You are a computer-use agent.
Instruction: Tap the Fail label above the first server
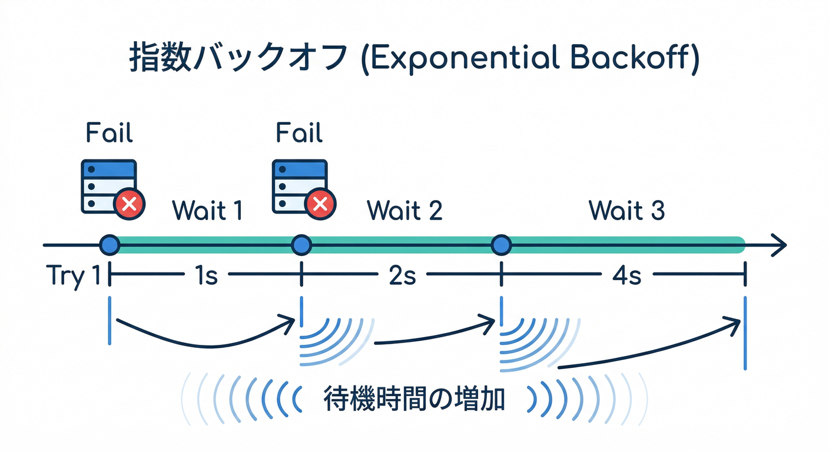(x=110, y=133)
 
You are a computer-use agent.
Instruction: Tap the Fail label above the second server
(x=299, y=133)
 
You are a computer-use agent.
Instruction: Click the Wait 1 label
(x=207, y=210)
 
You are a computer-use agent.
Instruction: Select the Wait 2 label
(x=404, y=210)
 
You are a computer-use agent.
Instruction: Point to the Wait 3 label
(x=627, y=210)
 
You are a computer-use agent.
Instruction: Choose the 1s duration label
(x=206, y=275)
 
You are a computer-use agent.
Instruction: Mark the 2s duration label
(x=402, y=275)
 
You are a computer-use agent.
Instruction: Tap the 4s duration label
(x=626, y=275)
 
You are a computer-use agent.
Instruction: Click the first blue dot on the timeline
(x=110, y=244)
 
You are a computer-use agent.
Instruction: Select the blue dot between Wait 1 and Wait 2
(x=301, y=244)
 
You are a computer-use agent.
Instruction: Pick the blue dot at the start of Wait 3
(x=501, y=244)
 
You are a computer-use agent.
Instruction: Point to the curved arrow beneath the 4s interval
(x=648, y=347)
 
